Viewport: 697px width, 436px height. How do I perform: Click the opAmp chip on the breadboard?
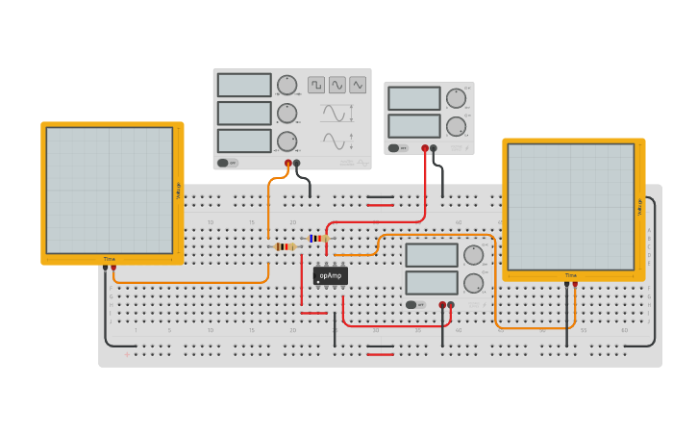[330, 275]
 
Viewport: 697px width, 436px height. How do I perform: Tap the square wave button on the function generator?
[316, 85]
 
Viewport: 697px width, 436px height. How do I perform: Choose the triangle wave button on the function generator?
[358, 85]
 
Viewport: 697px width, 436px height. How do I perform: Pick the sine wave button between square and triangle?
[337, 85]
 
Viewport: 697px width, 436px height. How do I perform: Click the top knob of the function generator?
[286, 85]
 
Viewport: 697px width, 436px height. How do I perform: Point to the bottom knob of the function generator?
[286, 142]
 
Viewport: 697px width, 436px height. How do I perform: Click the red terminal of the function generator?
[287, 164]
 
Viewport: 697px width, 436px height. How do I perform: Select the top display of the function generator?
[244, 85]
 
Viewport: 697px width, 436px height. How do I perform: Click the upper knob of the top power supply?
[456, 98]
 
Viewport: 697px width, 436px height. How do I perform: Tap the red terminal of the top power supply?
[425, 148]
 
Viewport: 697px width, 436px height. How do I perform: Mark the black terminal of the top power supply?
[434, 148]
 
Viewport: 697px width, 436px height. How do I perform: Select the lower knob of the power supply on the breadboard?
[473, 283]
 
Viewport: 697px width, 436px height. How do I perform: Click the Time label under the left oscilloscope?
[110, 259]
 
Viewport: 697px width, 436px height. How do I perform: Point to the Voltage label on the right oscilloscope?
[639, 207]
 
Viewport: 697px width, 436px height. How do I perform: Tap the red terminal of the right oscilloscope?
[575, 284]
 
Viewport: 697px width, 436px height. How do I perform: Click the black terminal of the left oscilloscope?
[105, 267]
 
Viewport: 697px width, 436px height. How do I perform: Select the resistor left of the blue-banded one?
[285, 247]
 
